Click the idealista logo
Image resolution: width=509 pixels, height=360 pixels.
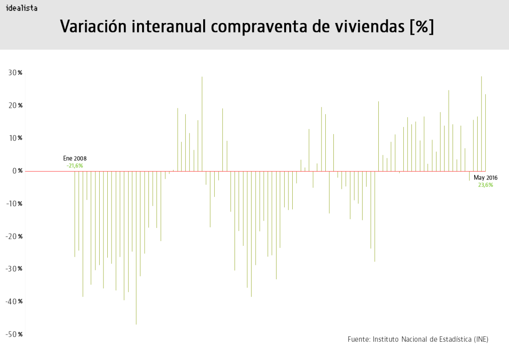click(x=21, y=8)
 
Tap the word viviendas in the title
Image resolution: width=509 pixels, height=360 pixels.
click(x=364, y=26)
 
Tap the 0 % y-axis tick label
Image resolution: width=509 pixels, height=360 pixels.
click(x=17, y=171)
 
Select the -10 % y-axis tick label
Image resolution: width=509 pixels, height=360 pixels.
click(x=14, y=203)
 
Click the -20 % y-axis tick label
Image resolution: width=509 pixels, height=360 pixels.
click(x=14, y=236)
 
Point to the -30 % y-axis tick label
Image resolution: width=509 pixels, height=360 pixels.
click(x=14, y=269)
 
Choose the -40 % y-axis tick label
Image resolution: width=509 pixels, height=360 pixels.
click(x=14, y=301)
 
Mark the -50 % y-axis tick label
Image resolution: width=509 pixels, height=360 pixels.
click(x=14, y=334)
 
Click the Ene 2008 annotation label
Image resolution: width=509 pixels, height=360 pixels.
click(x=75, y=158)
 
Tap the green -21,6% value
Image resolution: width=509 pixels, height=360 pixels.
click(x=75, y=166)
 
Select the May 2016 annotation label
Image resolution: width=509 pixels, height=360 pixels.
click(x=486, y=178)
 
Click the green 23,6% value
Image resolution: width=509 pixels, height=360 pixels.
click(x=486, y=185)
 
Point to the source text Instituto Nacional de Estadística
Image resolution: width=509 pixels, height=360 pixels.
click(x=418, y=339)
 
